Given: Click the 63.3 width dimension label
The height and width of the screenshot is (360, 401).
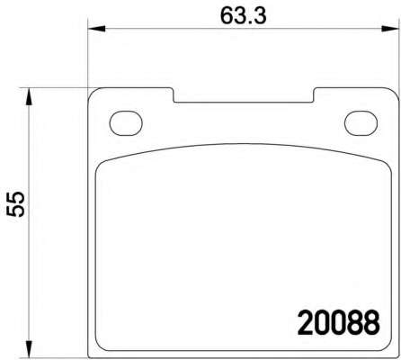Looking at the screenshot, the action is [x=243, y=15].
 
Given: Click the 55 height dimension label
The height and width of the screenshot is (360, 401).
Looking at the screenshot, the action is [x=15, y=203].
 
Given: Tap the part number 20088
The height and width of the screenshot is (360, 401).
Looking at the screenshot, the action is [x=339, y=323].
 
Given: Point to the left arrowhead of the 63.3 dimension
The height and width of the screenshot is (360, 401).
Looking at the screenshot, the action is [x=96, y=29].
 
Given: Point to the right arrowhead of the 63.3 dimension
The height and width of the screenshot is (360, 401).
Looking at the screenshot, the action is [x=390, y=29].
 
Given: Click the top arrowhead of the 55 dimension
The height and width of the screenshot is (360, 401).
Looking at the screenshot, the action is [x=29, y=96].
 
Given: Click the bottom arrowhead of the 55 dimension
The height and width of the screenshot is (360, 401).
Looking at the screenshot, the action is [x=29, y=349].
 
